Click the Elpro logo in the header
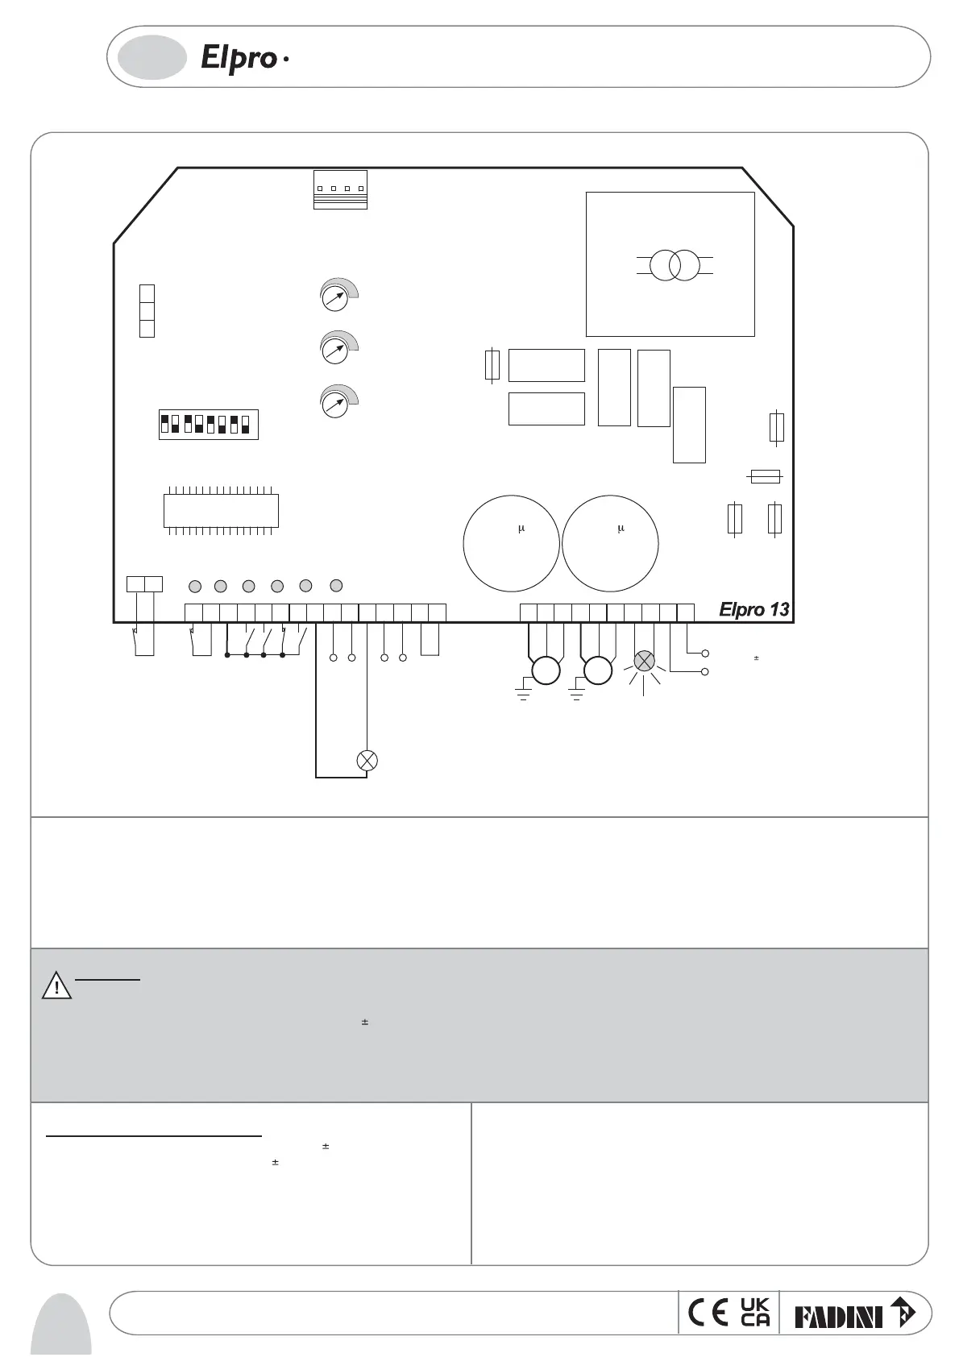click(240, 58)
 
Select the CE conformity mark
click(708, 1313)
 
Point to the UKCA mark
click(755, 1313)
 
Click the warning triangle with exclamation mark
click(57, 986)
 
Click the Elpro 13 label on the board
click(753, 610)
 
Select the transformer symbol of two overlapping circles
click(675, 265)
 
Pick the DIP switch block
click(208, 424)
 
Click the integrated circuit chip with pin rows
click(221, 509)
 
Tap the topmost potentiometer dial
click(334, 297)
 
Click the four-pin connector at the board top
click(340, 189)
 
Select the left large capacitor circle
click(511, 543)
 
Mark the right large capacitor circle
click(610, 543)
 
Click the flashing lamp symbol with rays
click(644, 662)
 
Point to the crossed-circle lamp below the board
click(367, 760)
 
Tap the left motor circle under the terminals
click(546, 670)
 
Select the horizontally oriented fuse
click(765, 477)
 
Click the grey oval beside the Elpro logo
click(152, 57)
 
